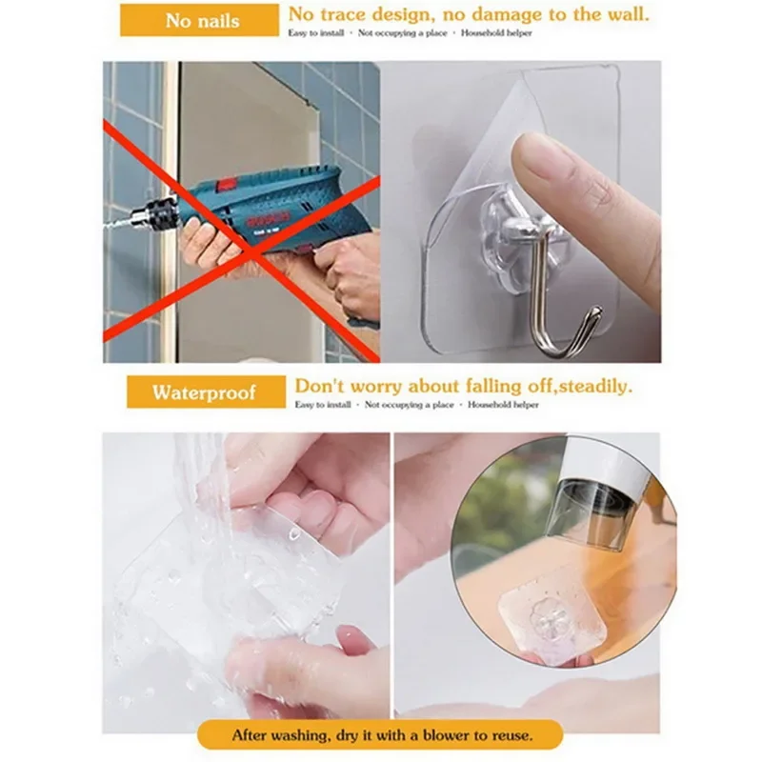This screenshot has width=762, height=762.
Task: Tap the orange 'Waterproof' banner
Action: coord(205,391)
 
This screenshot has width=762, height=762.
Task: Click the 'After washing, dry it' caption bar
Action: coord(381,735)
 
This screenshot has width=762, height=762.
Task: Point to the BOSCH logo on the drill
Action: coord(271,221)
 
